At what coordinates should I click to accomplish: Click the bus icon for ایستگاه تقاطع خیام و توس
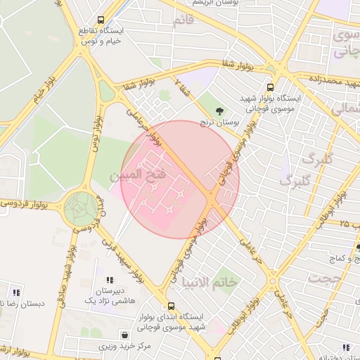pyautogui.click(x=101, y=20)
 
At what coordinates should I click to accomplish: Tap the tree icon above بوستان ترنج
pyautogui.click(x=220, y=110)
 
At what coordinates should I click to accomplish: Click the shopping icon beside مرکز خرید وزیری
pyautogui.click(x=125, y=335)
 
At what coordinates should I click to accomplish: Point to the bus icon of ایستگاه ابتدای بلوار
pyautogui.click(x=171, y=307)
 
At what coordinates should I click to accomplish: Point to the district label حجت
pyautogui.click(x=328, y=278)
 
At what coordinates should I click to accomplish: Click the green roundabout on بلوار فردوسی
pyautogui.click(x=81, y=208)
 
